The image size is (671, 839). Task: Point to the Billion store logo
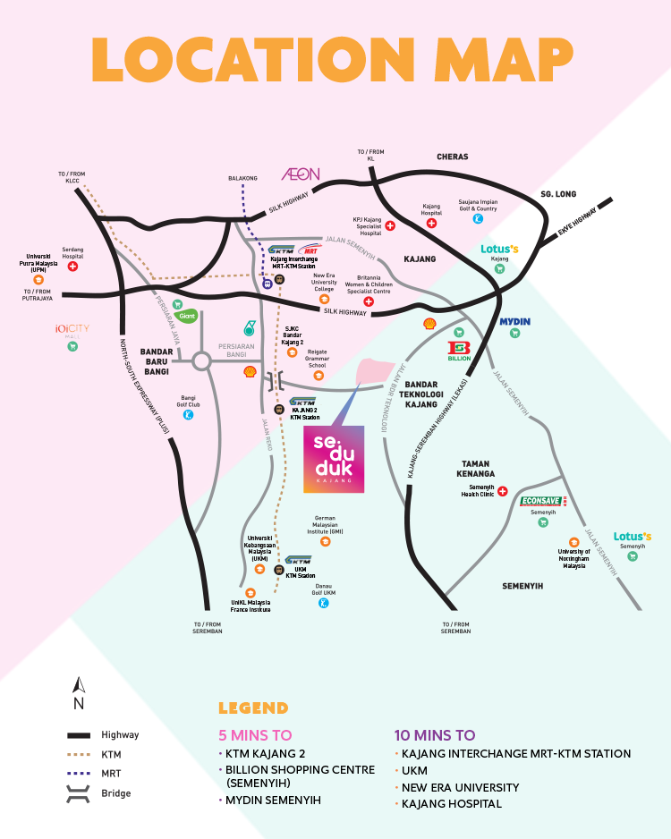tap(460, 350)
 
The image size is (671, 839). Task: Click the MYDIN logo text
tap(514, 321)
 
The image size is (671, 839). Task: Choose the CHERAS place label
tap(452, 157)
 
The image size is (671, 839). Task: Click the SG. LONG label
tap(559, 193)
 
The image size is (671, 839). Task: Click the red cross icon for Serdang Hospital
tap(72, 267)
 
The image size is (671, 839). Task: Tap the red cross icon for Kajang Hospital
tap(431, 223)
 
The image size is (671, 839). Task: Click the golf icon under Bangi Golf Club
tap(188, 414)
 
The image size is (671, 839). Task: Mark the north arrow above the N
tap(79, 686)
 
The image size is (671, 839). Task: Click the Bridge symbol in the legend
tap(80, 792)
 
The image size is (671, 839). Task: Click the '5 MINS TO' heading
tap(256, 735)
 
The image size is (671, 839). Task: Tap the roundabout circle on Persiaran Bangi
tap(202, 360)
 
